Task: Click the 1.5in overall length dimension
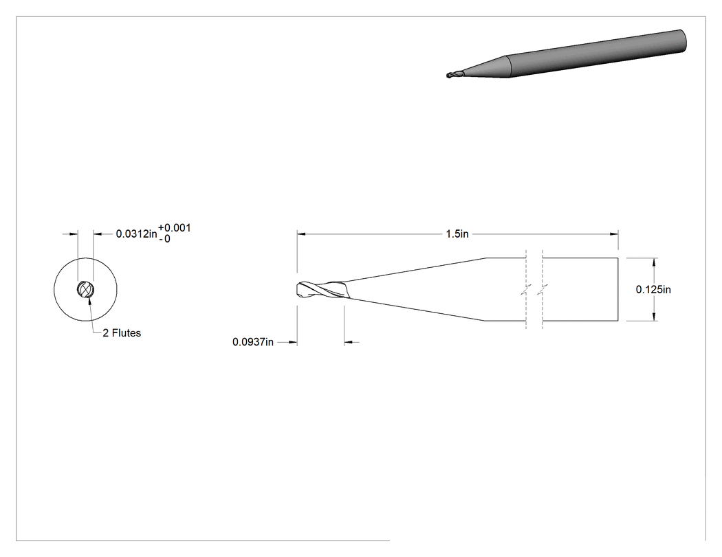[x=457, y=234]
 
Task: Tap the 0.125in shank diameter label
[x=653, y=290]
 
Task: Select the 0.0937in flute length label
[x=253, y=342]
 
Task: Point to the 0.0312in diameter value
[x=136, y=234]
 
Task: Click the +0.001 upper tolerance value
[x=175, y=228]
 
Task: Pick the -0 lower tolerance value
[x=164, y=239]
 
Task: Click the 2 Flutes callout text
[x=122, y=333]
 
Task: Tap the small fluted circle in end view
[x=86, y=290]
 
